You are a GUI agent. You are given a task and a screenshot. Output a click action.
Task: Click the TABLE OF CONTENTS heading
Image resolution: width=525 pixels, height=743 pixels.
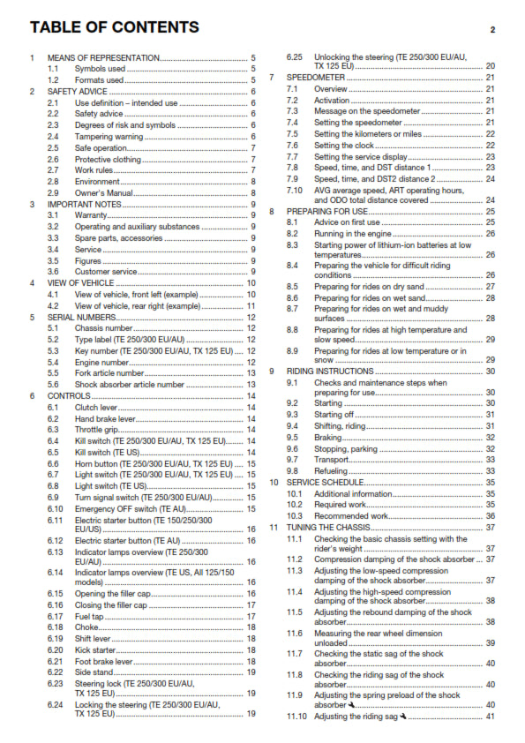tap(113, 26)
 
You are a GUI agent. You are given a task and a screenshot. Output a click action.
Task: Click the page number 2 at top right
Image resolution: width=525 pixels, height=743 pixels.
tap(492, 30)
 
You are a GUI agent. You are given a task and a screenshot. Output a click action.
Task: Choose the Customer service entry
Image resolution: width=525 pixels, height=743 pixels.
tap(103, 272)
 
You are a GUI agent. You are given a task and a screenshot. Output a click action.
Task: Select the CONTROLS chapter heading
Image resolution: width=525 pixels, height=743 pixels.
tap(69, 396)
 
